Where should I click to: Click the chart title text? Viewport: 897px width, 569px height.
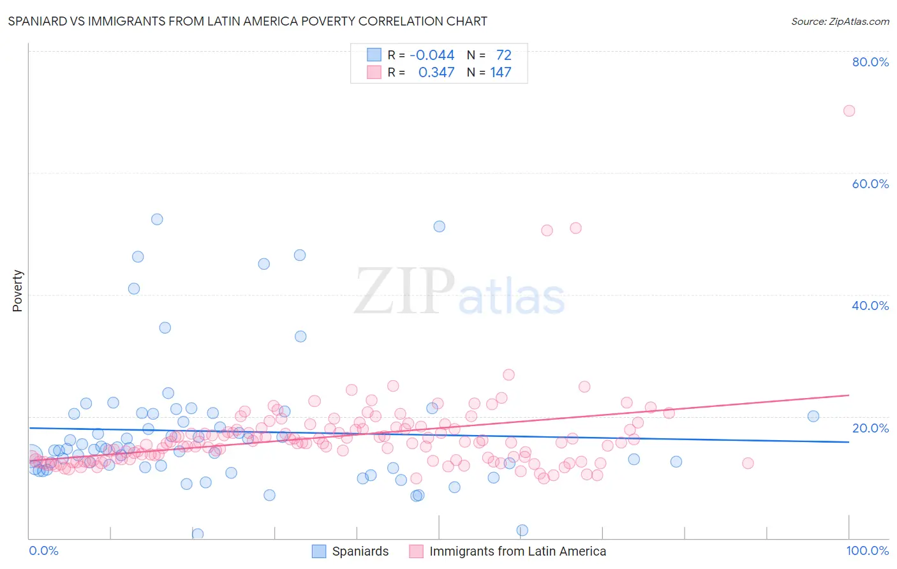coord(248,21)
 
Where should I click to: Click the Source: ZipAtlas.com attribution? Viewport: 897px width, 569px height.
coord(840,21)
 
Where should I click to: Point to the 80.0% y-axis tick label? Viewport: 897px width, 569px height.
coord(870,62)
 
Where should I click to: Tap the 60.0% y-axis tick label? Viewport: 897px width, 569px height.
coord(870,184)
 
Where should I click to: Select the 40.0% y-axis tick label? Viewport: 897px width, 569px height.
coord(870,306)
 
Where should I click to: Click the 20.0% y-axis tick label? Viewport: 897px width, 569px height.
coord(870,428)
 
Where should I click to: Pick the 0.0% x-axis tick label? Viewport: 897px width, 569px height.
coord(43,551)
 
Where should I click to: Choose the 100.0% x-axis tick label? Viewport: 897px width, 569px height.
coord(867,551)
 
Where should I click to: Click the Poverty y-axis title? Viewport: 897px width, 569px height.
coord(17,290)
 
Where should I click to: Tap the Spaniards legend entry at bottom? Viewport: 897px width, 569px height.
coord(360,551)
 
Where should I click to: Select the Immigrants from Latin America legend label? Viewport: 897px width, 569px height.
coord(517,551)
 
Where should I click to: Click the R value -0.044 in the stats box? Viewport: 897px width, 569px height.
coord(432,55)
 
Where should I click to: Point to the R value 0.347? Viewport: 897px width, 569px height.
coord(436,72)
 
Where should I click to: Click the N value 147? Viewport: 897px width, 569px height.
coord(501,72)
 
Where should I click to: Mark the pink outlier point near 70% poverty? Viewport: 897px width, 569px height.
coord(849,110)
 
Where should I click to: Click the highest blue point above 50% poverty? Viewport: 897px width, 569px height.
coord(157,219)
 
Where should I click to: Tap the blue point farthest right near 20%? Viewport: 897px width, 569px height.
coord(813,416)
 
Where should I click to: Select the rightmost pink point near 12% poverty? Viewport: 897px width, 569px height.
coord(748,463)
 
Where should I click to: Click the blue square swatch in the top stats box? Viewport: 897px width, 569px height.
coord(374,55)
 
